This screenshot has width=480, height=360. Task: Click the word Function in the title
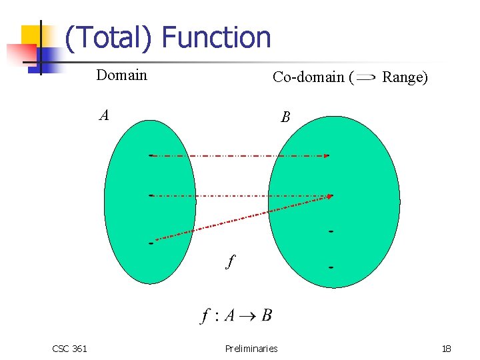217,37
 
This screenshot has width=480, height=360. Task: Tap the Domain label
121,75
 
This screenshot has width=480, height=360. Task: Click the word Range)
405,77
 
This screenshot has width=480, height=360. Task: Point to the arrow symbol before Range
366,77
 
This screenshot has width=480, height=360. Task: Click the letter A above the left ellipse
104,115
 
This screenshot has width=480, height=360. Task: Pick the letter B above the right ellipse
285,117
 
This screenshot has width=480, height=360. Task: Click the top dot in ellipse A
151,155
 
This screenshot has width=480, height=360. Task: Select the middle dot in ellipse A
151,195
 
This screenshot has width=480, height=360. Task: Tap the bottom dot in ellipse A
151,243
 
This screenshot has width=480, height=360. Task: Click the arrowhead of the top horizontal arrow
327,156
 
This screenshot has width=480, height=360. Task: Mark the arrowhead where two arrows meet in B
330,196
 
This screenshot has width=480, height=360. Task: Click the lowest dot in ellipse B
331,267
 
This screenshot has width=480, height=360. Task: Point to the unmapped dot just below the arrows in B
331,231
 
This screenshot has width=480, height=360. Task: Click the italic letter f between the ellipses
230,261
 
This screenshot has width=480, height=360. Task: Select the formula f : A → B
236,315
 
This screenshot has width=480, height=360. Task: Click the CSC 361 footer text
69,348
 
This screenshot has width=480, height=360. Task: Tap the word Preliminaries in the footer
251,348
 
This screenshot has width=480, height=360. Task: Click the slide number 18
446,348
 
